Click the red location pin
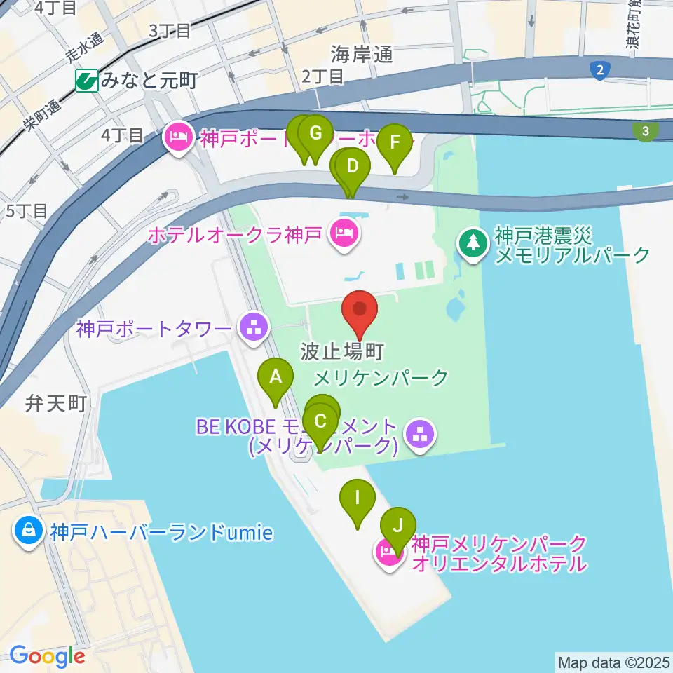(360, 310)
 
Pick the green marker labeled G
(315, 133)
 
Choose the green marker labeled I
(358, 498)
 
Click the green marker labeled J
(398, 525)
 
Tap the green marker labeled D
(353, 167)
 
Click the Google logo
(48, 656)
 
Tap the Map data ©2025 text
(613, 661)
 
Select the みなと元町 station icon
(88, 81)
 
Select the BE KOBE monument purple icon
(420, 435)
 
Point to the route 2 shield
(599, 69)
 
